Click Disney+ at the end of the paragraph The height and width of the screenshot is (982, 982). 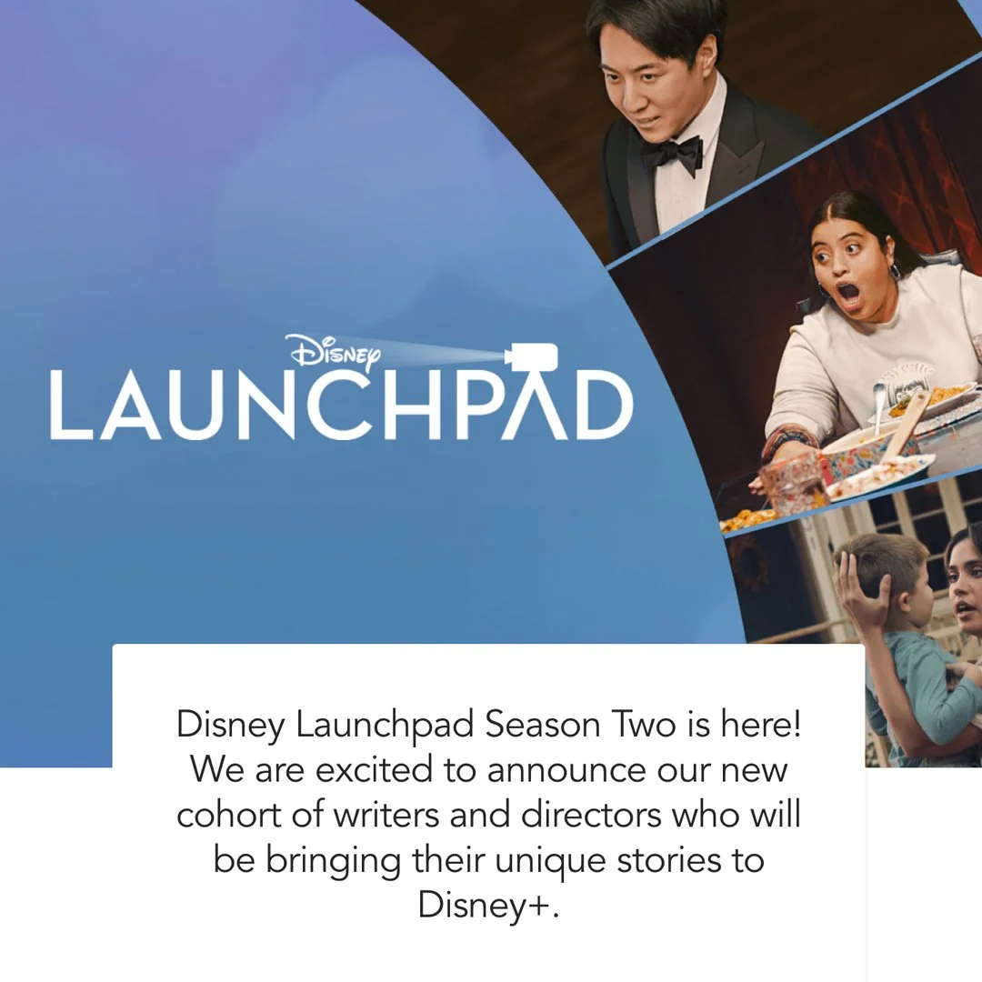(487, 904)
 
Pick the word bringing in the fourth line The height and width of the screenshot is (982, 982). (333, 860)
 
